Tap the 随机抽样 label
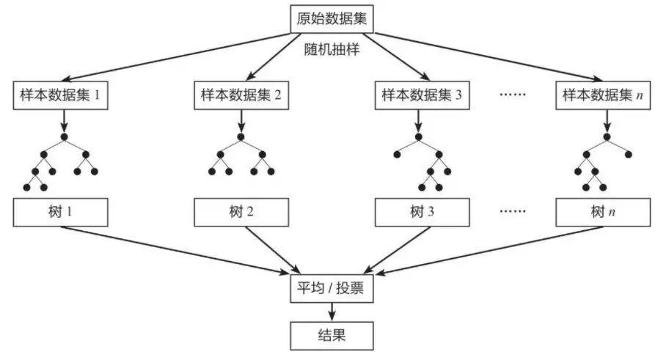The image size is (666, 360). click(332, 53)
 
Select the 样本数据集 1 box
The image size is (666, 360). click(61, 96)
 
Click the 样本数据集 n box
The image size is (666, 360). click(602, 96)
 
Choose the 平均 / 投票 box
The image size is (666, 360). click(333, 290)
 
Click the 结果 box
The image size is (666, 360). click(333, 336)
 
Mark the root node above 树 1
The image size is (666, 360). click(64, 137)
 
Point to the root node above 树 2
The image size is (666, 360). click(239, 137)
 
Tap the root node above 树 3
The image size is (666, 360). click(419, 137)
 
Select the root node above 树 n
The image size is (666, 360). click(606, 137)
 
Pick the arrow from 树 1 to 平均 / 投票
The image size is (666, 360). click(176, 250)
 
